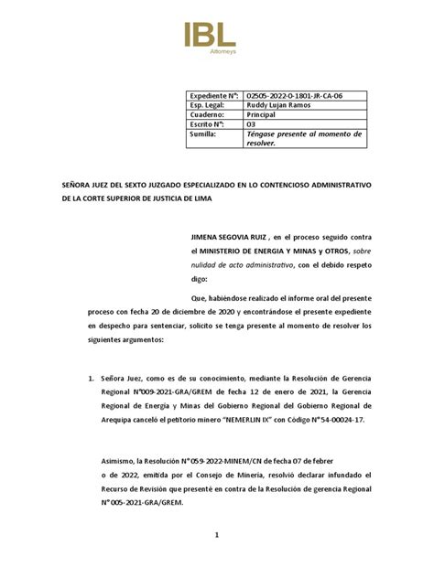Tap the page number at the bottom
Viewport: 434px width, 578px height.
point(217,560)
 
